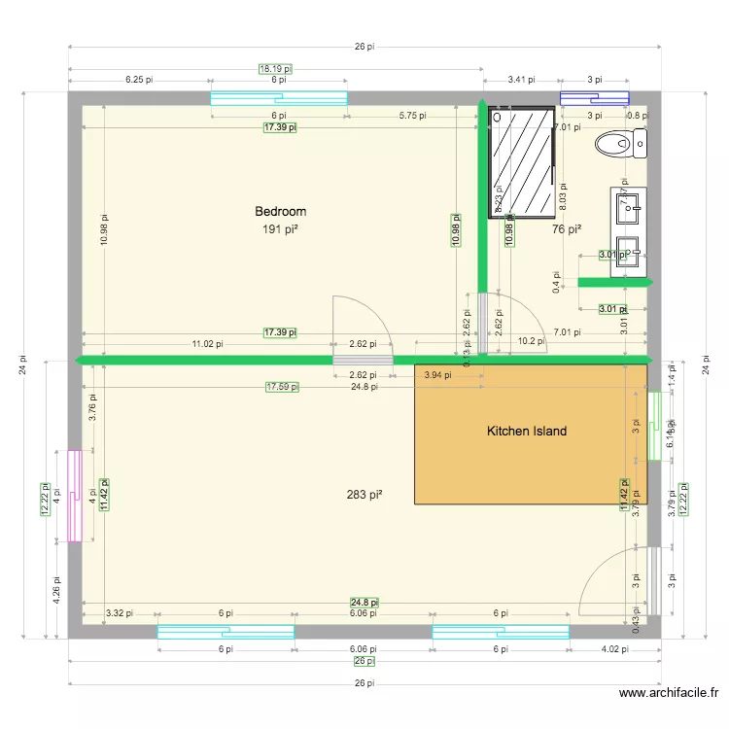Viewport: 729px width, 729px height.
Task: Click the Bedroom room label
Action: point(280,211)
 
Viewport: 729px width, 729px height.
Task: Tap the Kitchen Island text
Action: point(526,431)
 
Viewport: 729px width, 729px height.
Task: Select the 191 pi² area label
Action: point(280,229)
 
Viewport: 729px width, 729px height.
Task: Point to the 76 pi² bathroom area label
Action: point(566,229)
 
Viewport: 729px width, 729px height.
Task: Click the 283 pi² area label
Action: point(364,495)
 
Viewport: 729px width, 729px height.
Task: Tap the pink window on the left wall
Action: point(74,496)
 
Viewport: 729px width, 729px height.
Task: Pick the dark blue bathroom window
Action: point(594,98)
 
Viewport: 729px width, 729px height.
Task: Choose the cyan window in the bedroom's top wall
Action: point(279,98)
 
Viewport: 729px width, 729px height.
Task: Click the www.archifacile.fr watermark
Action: point(669,693)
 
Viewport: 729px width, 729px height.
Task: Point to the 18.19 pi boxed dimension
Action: point(275,69)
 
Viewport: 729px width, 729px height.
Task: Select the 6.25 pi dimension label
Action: point(139,80)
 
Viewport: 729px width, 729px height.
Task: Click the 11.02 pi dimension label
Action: point(206,343)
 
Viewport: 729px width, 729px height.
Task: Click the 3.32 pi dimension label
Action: point(119,613)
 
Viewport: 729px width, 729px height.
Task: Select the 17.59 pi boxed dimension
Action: point(282,387)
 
